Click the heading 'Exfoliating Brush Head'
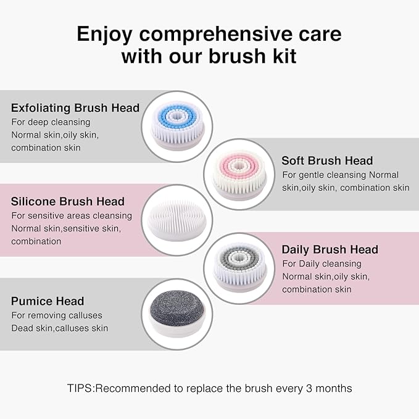(75, 108)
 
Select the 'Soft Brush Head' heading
(327, 160)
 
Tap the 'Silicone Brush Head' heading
(68, 202)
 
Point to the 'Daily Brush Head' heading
(330, 250)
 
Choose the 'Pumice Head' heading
(48, 301)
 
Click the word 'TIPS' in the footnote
(81, 389)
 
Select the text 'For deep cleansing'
(51, 122)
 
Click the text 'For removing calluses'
(57, 315)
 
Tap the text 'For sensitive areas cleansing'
(72, 216)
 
